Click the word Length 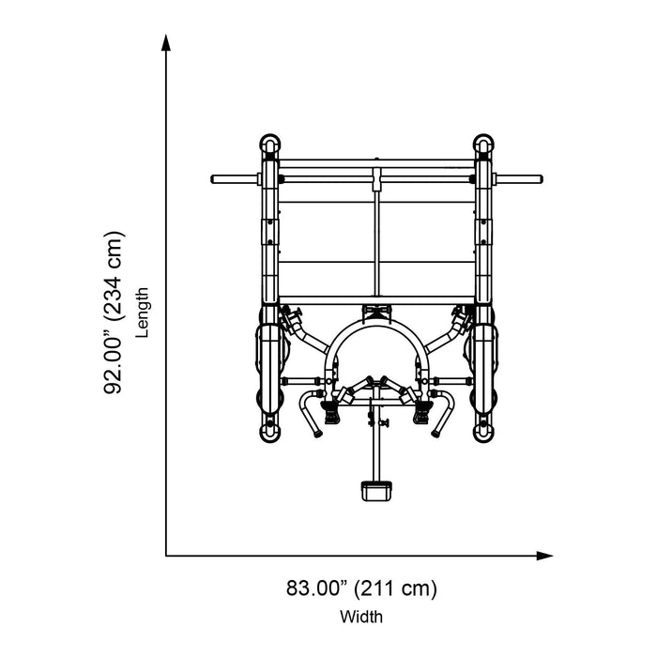coord(143,313)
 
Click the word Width coord(361,617)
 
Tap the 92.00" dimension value coord(114,359)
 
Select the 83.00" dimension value coord(317,588)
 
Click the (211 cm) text coord(395,588)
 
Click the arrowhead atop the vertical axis coord(166,43)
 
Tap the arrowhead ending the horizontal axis coord(544,556)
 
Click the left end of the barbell coord(213,179)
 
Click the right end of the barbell coord(541,179)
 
